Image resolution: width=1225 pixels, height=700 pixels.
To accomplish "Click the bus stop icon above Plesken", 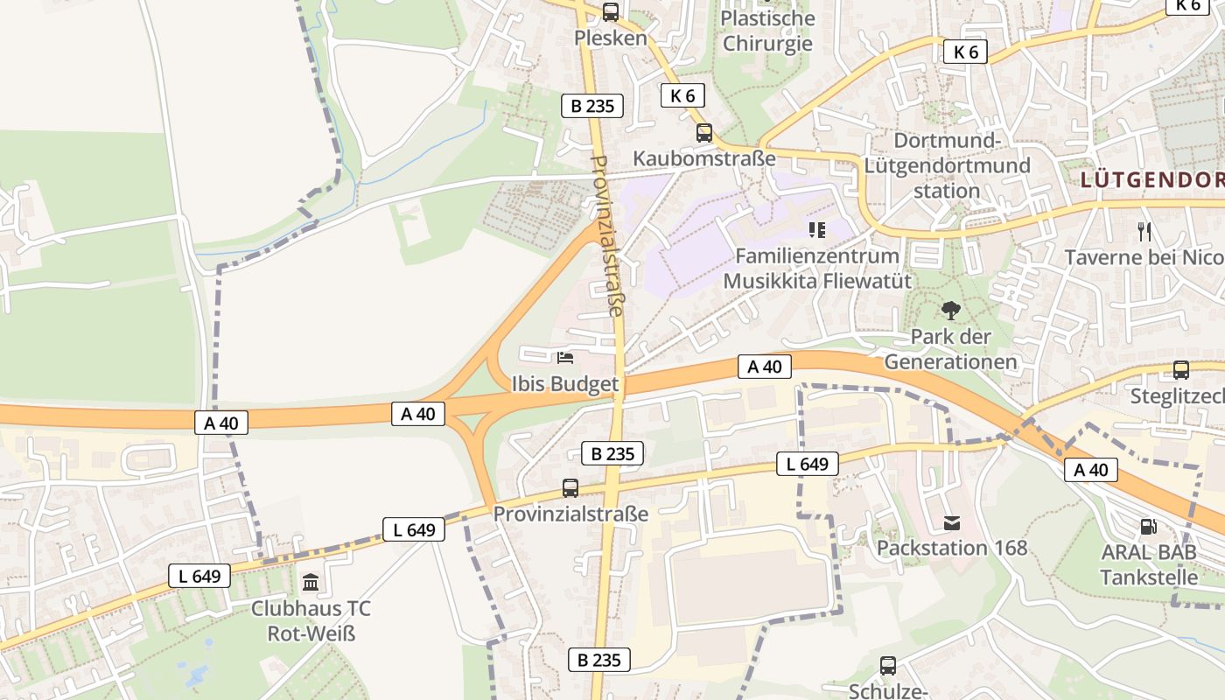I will pos(611,12).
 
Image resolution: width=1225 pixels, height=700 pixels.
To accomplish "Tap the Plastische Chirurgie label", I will pos(767,31).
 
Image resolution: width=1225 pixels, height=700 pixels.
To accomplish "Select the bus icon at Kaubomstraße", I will pos(704,133).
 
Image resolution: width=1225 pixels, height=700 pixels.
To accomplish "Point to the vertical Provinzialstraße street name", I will pos(609,235).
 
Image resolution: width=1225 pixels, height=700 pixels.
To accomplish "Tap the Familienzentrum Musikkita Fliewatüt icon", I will pos(817,230).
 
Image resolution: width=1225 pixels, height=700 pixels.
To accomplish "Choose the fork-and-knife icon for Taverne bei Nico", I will pos(1144,231).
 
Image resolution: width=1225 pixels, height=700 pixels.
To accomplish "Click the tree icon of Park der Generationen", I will pos(950,311).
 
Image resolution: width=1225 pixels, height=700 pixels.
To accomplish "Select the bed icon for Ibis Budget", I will pos(565,357).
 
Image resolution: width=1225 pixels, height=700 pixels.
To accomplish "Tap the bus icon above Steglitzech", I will pos(1181,370).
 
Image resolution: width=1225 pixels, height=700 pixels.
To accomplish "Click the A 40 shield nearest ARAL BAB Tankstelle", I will pos(1091,470).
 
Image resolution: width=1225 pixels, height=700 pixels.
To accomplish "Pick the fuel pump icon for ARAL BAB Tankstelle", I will pos(1148,527).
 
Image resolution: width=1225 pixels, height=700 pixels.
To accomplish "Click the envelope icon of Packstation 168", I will pos(952,523).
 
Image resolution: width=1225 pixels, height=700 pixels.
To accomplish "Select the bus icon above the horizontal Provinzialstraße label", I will pos(570,487).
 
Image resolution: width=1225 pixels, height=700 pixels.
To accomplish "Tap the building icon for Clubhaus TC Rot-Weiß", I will pos(311,583).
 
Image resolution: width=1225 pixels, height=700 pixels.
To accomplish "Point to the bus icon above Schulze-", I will pos(888,666).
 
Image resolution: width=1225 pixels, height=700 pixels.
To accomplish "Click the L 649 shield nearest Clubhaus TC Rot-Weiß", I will pos(199,575).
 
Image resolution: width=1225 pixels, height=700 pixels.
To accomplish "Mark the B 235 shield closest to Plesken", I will pos(592,106).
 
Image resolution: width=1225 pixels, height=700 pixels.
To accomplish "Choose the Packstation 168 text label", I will pos(952,549).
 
